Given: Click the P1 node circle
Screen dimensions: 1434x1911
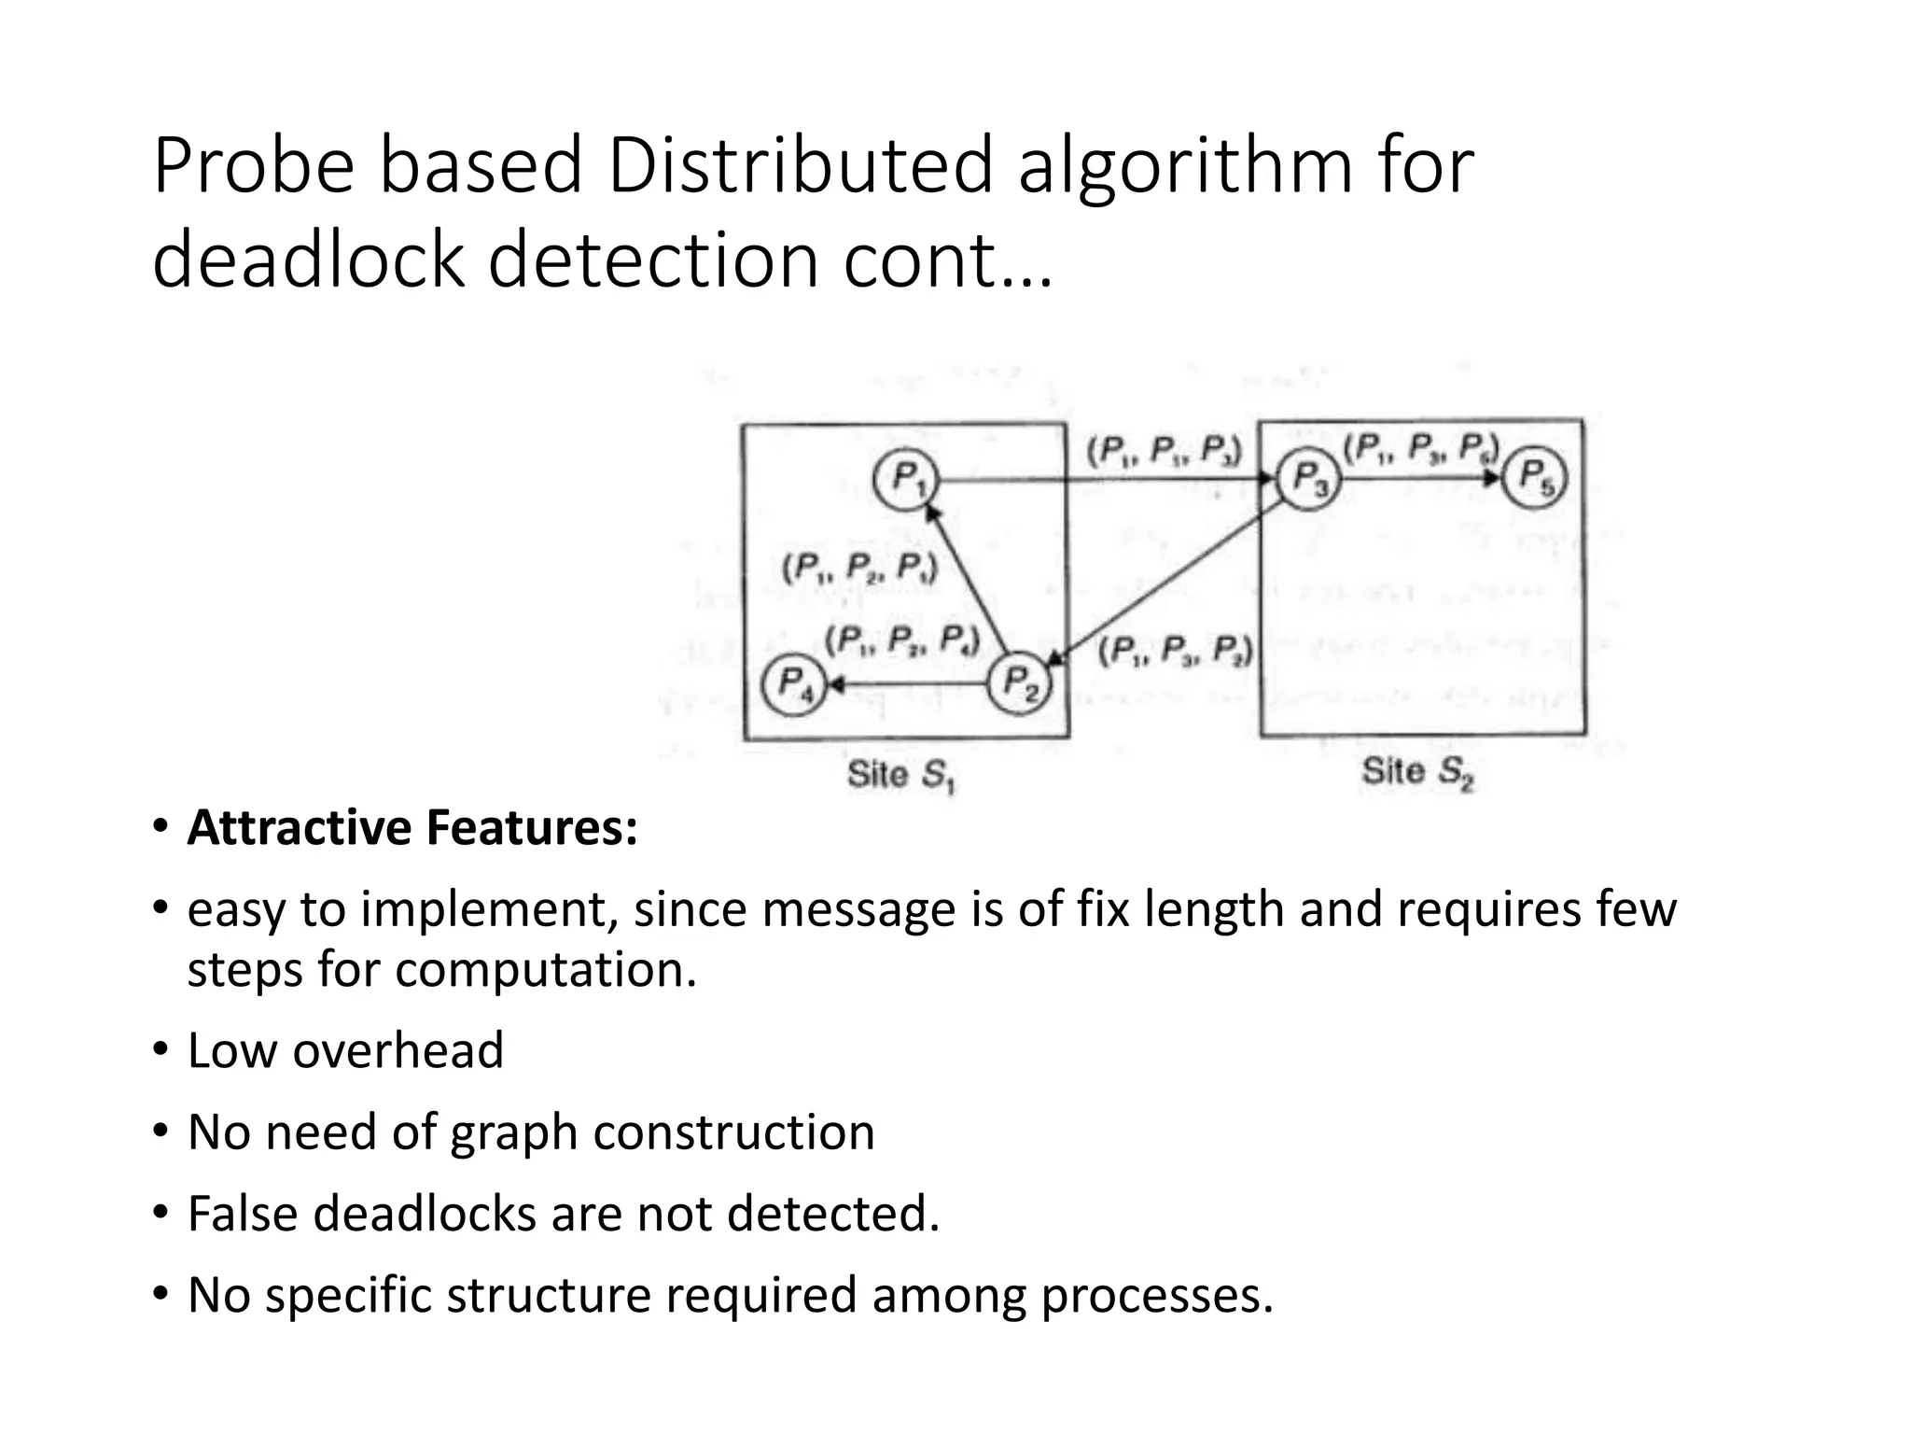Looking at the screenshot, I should [905, 479].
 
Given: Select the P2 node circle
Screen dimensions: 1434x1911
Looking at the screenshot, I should [1019, 682].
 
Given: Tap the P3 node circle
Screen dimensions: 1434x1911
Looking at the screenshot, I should [1308, 480].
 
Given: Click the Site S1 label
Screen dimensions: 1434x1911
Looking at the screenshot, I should [901, 775].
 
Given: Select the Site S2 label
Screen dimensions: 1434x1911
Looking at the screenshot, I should [1417, 772].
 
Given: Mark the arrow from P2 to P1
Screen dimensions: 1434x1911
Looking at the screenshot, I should [966, 579].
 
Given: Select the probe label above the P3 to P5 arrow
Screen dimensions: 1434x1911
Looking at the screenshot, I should [1420, 449].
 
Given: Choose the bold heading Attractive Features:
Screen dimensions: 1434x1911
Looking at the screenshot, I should [412, 827].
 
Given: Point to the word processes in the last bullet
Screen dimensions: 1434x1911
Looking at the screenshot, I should [1156, 1295].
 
